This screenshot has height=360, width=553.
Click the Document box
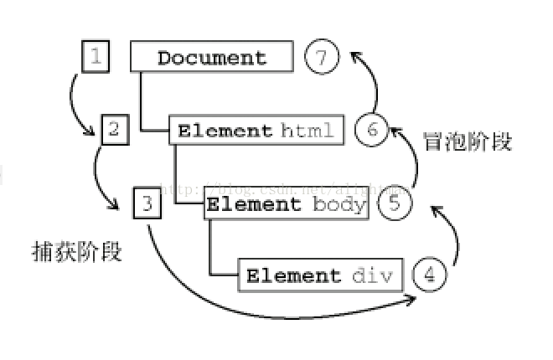tap(211, 58)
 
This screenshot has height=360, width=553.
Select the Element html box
tap(256, 131)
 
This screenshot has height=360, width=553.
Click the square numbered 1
tap(96, 57)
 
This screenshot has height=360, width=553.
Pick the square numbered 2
tap(114, 129)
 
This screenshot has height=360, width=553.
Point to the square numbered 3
tap(147, 203)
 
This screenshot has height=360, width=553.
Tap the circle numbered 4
tap(429, 275)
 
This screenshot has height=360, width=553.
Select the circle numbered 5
tap(395, 203)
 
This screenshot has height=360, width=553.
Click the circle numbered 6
tap(372, 131)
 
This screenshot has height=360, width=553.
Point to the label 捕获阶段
tap(76, 251)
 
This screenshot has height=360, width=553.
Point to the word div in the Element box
tap(372, 275)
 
